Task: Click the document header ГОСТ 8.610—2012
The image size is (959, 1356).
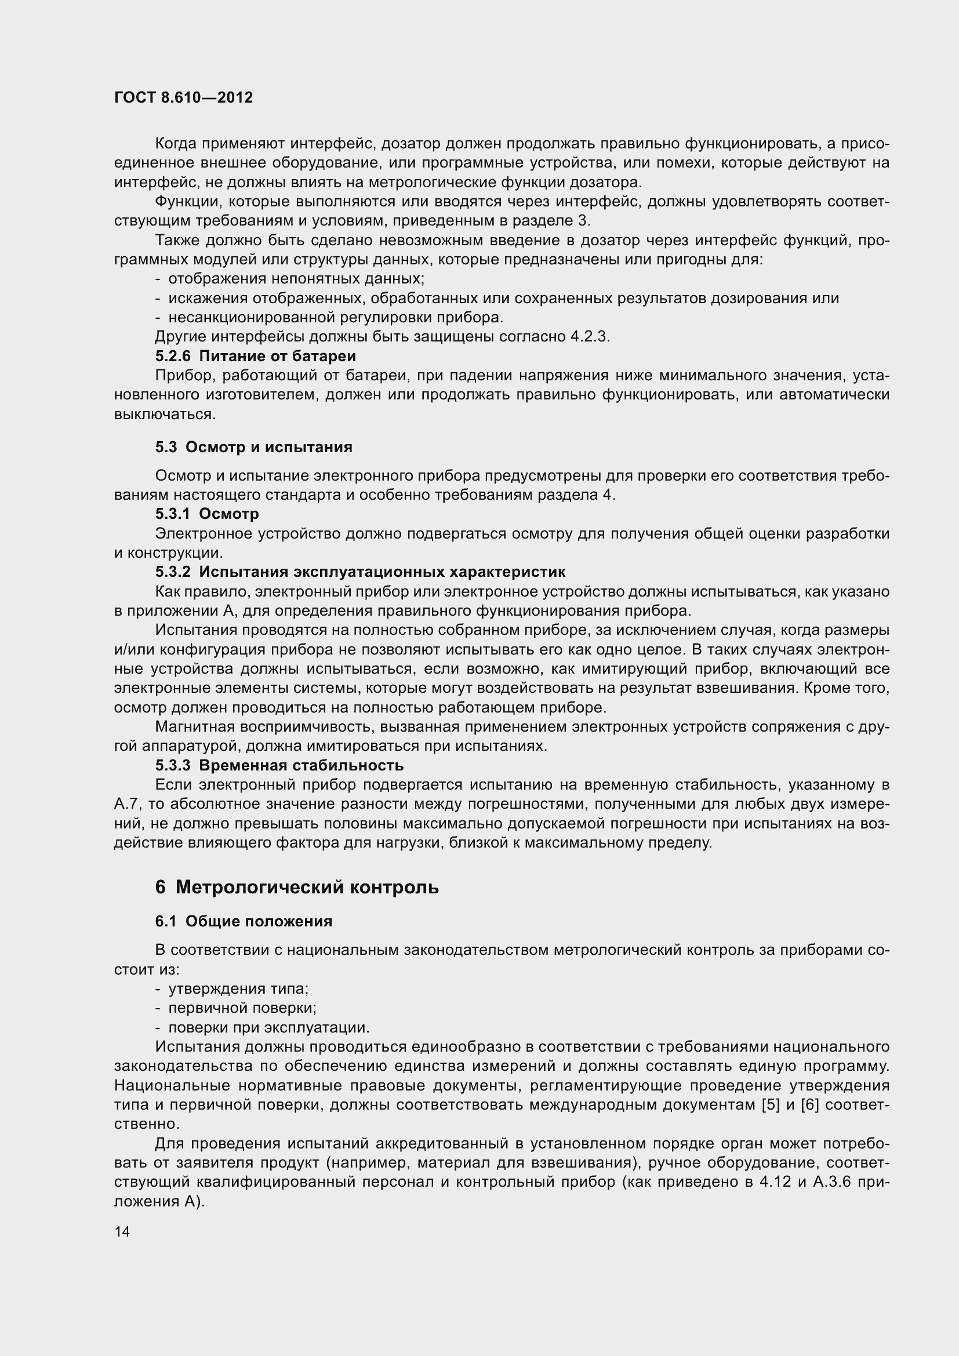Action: [x=184, y=97]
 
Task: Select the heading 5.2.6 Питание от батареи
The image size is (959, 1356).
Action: [x=255, y=356]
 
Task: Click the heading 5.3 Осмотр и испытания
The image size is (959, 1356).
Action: [x=253, y=447]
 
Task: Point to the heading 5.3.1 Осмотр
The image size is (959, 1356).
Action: [x=206, y=514]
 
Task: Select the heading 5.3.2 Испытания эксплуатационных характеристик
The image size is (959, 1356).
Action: [x=360, y=572]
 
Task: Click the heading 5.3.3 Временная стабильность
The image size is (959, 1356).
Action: [x=279, y=765]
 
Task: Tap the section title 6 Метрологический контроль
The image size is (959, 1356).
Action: [x=297, y=887]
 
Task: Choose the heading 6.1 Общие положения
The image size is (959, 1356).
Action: [x=244, y=921]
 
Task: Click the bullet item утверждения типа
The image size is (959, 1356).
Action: [x=238, y=988]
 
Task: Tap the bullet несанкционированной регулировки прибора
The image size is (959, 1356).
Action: [x=335, y=317]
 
